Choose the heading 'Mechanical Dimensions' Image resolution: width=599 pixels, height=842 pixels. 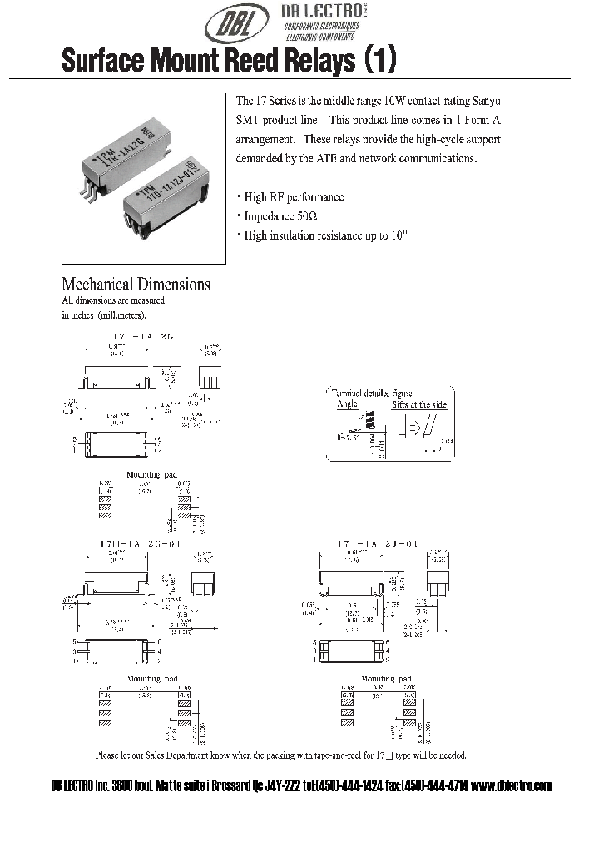(136, 285)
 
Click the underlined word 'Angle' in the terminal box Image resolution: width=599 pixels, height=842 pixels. (347, 404)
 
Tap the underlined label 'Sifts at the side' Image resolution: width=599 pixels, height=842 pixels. (419, 404)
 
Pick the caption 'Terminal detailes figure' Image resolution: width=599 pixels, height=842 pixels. (372, 393)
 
